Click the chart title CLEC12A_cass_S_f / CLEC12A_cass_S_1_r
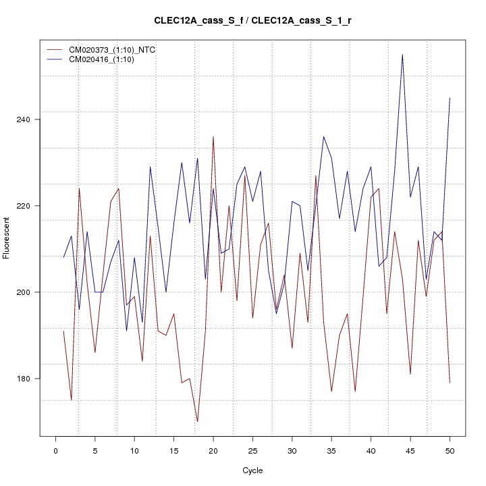click(x=252, y=20)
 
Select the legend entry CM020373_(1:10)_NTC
click(x=113, y=50)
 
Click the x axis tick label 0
click(x=55, y=450)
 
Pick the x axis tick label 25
click(x=252, y=450)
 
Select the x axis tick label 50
click(x=450, y=450)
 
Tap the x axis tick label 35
click(x=331, y=450)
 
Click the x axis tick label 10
click(x=134, y=450)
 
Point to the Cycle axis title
click(x=252, y=470)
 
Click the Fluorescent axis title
click(x=7, y=237)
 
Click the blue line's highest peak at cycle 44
click(x=402, y=55)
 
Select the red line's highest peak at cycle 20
click(x=213, y=136)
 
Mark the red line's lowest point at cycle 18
click(x=197, y=421)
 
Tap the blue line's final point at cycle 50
click(x=450, y=98)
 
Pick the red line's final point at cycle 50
click(x=450, y=383)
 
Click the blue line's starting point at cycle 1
click(x=63, y=257)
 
